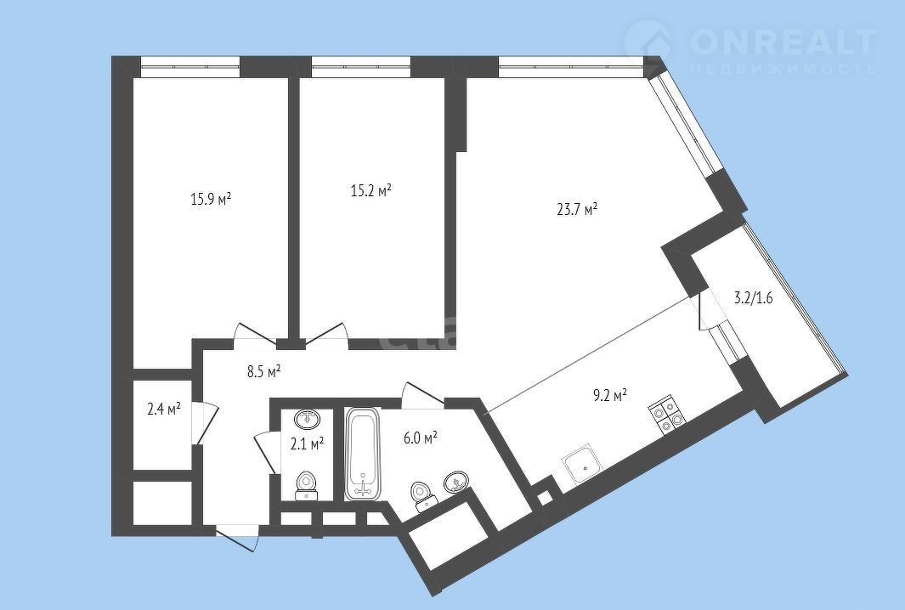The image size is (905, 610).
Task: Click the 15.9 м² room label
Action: pos(211,200)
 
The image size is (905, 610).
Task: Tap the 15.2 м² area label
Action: pos(371,190)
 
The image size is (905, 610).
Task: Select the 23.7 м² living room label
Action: pos(577,209)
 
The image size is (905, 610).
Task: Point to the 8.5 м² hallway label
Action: pos(263,371)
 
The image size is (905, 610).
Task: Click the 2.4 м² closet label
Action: pos(164,409)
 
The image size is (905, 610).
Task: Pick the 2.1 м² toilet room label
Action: pos(307,443)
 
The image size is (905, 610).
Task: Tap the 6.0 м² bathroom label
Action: pos(420,438)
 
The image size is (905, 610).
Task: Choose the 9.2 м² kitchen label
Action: pos(609,396)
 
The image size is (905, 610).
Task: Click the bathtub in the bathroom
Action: pos(363,454)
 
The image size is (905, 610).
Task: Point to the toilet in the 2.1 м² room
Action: pos(307,485)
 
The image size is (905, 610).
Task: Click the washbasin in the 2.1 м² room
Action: pos(308,419)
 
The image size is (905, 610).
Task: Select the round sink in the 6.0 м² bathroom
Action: pos(457,481)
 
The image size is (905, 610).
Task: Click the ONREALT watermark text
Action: pos(783,40)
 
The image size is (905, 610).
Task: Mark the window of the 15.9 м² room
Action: pos(189,67)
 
